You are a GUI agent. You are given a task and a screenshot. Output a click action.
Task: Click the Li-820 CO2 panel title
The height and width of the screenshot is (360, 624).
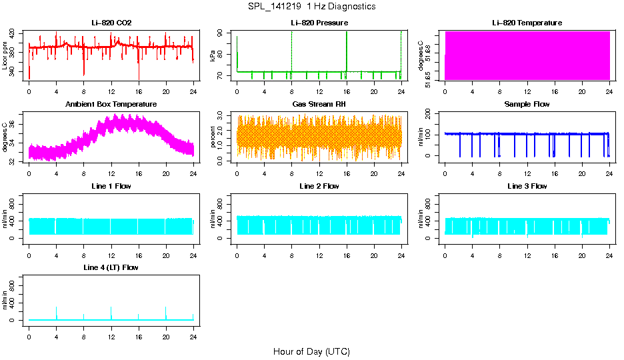pyautogui.click(x=111, y=23)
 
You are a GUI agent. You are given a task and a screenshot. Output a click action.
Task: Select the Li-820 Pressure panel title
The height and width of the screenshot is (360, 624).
pyautogui.click(x=319, y=23)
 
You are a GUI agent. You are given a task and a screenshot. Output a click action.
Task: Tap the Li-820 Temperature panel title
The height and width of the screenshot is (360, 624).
pyautogui.click(x=527, y=23)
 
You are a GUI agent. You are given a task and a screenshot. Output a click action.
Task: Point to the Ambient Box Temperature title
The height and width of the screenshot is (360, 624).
pyautogui.click(x=111, y=105)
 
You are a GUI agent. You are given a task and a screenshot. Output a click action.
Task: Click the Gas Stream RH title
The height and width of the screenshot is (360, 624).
pyautogui.click(x=319, y=105)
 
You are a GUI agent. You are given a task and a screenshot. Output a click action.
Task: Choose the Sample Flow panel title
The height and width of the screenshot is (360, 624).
pyautogui.click(x=527, y=105)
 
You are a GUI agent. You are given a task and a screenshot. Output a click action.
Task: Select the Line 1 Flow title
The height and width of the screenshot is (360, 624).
pyautogui.click(x=111, y=186)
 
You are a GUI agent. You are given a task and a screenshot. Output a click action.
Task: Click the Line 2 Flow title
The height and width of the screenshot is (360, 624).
pyautogui.click(x=319, y=186)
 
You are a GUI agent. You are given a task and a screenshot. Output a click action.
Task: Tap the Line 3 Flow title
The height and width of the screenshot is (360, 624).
pyautogui.click(x=527, y=186)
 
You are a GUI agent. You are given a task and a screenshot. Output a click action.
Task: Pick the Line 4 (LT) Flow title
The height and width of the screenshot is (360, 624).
pyautogui.click(x=111, y=267)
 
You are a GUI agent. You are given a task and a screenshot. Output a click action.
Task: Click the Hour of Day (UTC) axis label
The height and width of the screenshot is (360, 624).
pyautogui.click(x=311, y=351)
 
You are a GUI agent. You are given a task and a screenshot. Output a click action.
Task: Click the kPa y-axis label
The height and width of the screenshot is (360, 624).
pyautogui.click(x=213, y=57)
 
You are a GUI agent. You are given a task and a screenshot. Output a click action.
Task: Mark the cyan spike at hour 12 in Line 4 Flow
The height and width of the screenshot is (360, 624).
pyautogui.click(x=111, y=312)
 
